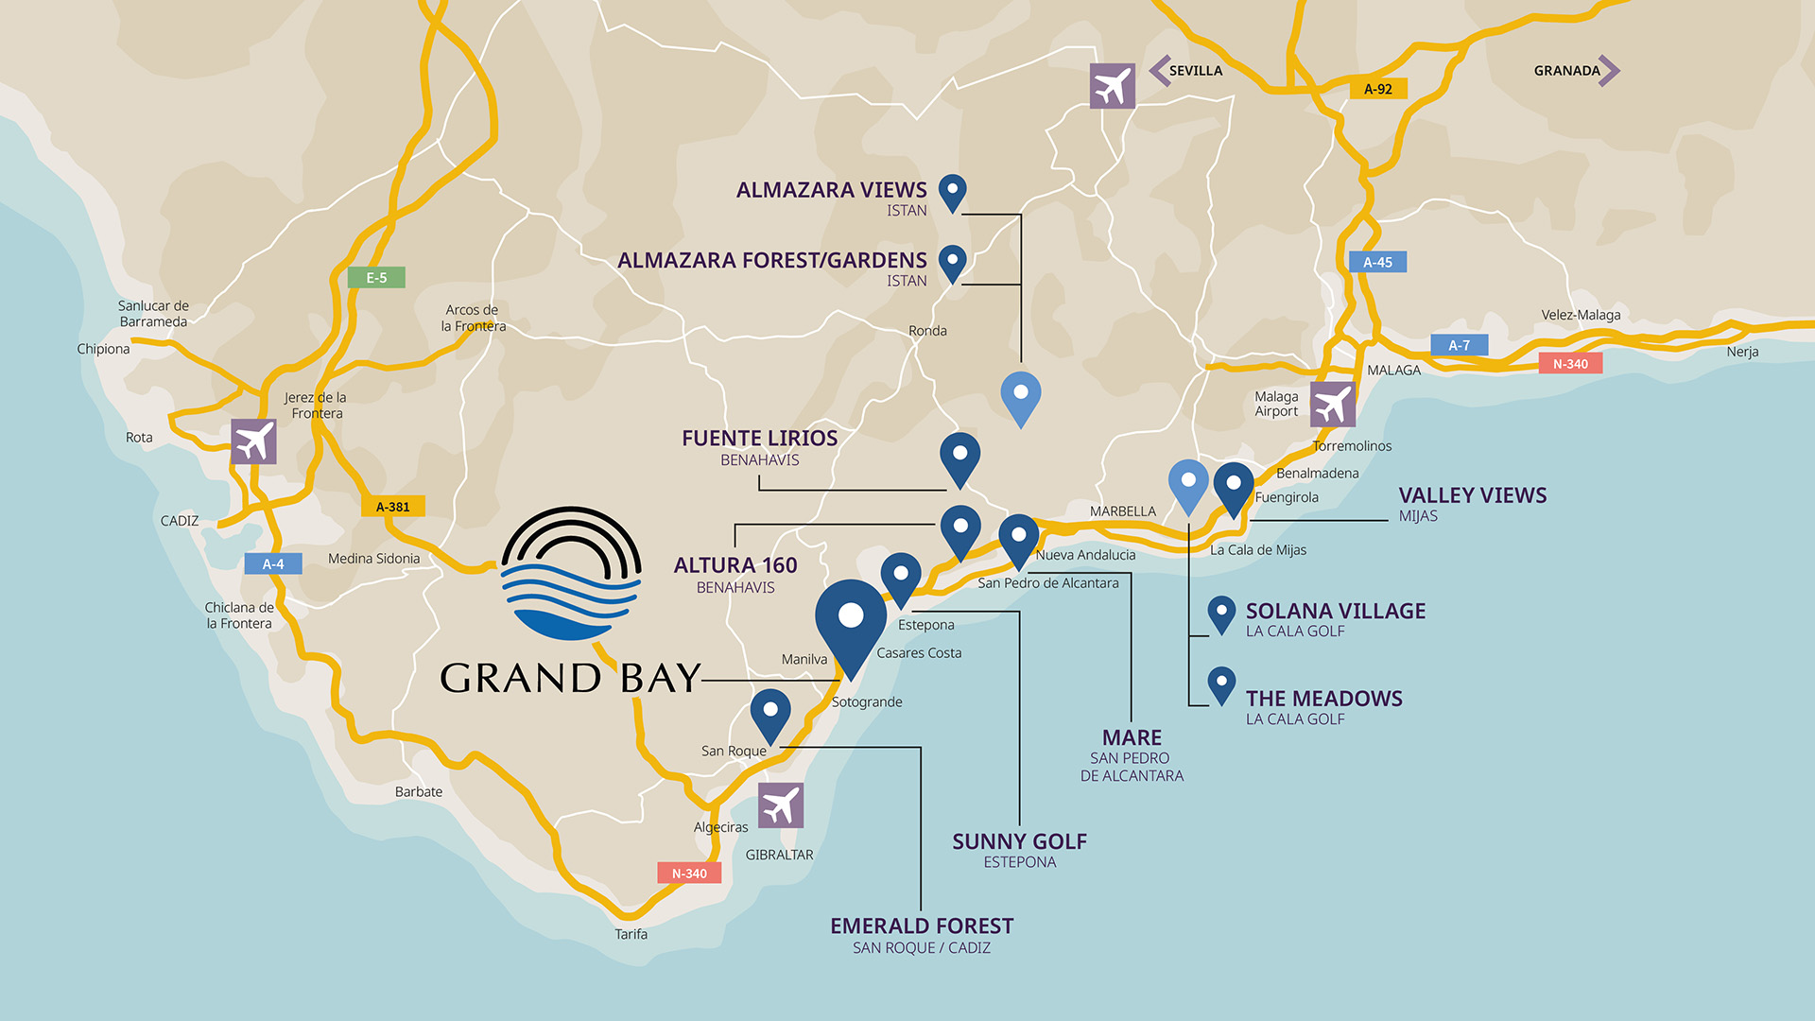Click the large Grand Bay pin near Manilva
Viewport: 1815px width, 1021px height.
(851, 620)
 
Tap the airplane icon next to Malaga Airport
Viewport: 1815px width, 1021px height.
(1333, 405)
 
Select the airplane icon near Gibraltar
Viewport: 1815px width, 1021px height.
(781, 805)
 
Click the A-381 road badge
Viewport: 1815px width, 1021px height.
(393, 507)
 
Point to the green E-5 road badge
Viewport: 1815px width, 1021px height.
(376, 278)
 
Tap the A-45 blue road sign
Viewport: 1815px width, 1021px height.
(1377, 262)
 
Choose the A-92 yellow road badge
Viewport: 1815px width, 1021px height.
(1377, 89)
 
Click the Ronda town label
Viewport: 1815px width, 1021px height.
(927, 331)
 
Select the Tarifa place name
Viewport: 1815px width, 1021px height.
(631, 934)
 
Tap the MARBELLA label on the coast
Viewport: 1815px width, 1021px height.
(1122, 511)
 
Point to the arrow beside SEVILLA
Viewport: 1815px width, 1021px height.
(1159, 70)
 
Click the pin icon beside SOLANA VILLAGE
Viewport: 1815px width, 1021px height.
(1221, 614)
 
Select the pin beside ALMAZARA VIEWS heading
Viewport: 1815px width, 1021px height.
(952, 192)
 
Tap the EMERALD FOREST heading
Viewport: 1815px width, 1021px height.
(922, 926)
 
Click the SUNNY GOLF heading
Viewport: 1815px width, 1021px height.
(1019, 841)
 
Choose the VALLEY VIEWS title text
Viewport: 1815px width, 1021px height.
(1472, 495)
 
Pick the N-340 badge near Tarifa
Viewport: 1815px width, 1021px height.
(689, 874)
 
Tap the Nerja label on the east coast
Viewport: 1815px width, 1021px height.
(1742, 352)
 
